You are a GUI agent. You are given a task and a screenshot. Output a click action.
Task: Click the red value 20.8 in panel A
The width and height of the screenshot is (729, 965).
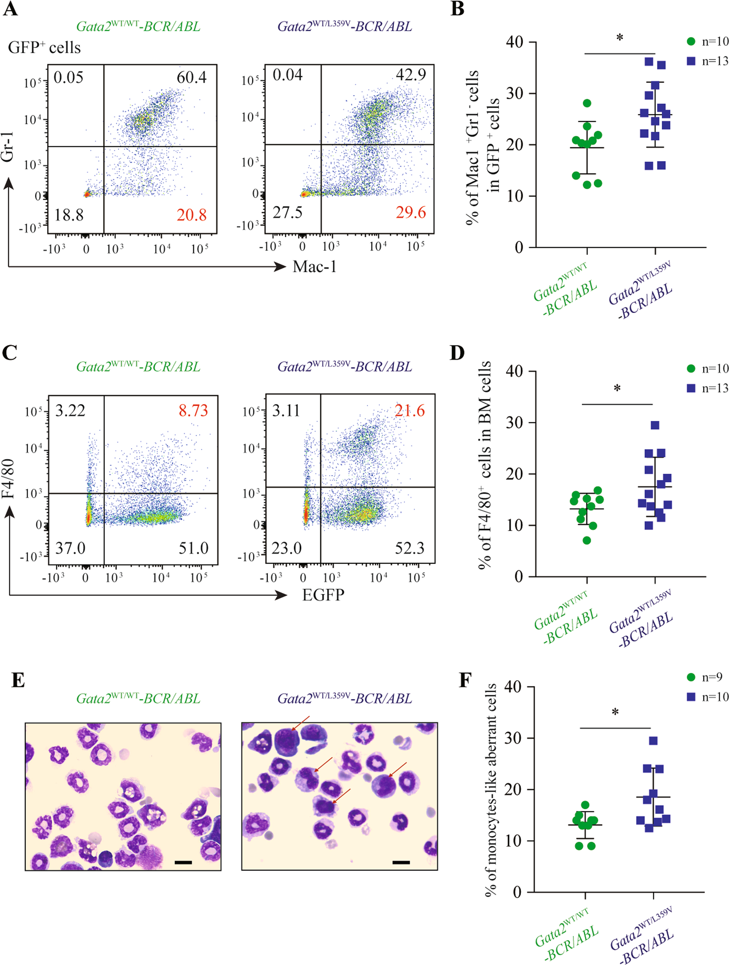coord(191,215)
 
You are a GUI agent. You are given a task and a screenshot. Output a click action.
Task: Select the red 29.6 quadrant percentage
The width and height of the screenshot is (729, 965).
coord(411,212)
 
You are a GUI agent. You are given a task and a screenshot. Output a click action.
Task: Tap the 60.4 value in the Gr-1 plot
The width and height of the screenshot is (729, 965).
coord(191,77)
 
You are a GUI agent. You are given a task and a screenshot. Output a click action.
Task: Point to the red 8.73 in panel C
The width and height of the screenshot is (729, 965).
coord(193,410)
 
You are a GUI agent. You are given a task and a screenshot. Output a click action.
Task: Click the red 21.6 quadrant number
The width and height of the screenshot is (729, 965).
coord(410,410)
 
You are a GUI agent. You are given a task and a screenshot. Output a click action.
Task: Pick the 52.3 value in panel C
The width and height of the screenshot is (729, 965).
coord(409,548)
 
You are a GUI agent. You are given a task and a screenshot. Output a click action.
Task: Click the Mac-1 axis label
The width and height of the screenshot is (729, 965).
coord(314,266)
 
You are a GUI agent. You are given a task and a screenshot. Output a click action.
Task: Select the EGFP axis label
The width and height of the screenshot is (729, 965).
coord(323,595)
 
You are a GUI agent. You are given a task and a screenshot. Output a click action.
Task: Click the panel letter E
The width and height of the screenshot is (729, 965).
coord(18,680)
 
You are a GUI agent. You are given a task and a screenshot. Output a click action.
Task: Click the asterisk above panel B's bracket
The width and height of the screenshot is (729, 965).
coord(620,38)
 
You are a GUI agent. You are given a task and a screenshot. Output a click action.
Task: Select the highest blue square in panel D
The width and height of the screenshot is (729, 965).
coord(655,425)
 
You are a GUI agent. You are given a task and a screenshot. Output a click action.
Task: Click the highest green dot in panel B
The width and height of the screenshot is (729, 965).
coord(587,103)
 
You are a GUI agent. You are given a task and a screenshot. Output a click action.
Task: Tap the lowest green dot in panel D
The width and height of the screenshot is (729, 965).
coord(587,541)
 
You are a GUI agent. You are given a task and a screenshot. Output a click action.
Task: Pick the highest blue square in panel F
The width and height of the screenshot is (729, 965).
coord(653,741)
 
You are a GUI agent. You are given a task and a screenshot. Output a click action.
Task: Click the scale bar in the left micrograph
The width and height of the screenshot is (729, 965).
coord(183,862)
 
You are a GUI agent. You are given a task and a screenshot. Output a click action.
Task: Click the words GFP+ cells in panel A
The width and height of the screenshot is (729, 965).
coord(44,48)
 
